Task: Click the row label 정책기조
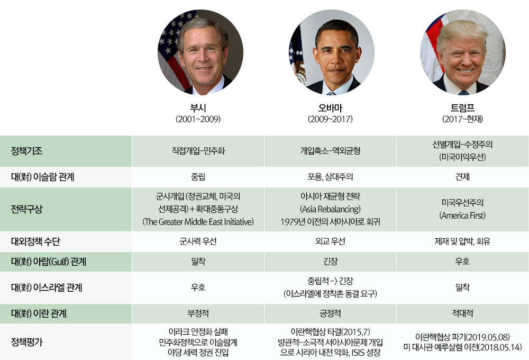point(26,151)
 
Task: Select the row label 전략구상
point(26,209)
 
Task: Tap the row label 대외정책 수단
point(35,241)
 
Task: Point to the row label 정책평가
point(26,342)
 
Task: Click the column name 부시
point(198,108)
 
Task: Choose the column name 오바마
point(330,108)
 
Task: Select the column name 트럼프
point(462,108)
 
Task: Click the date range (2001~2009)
point(198,119)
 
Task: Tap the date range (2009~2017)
point(330,119)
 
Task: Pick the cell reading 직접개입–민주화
point(198,151)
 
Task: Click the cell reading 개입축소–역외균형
point(330,151)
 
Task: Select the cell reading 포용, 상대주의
point(330,177)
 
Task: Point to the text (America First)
point(462,215)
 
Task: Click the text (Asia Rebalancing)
point(330,209)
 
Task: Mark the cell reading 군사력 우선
point(198,241)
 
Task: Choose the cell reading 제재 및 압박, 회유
point(462,241)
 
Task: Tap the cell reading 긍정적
point(330,313)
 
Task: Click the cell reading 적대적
point(462,313)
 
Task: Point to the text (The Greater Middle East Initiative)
point(198,222)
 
